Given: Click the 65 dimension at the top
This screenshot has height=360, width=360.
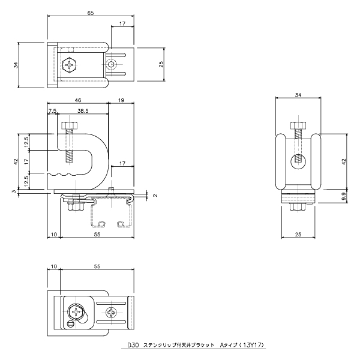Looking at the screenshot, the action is [91, 13].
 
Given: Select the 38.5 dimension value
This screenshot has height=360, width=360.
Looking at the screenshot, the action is [83, 111].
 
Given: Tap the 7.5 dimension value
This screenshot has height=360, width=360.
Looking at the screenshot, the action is [52, 111].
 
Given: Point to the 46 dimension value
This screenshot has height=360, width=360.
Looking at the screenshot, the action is [78, 100].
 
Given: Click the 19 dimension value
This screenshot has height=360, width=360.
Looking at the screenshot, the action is [121, 100].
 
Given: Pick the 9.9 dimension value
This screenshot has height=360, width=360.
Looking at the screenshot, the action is [344, 197].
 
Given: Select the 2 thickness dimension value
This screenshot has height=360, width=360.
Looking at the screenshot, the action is [155, 196].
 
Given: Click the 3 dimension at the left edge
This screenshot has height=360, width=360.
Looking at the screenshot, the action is [14, 191].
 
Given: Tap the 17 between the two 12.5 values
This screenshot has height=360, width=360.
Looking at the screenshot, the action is [26, 161].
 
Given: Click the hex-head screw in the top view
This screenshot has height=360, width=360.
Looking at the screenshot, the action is [70, 65].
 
